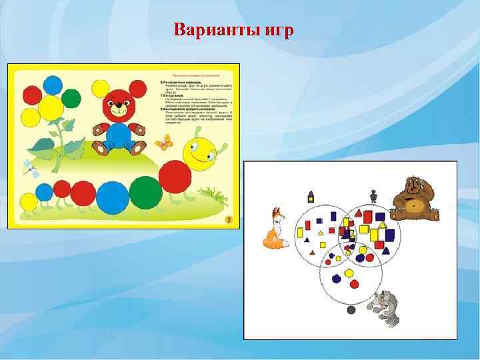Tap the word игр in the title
(275, 31)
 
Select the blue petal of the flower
(53, 85)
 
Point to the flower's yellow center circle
(51, 107)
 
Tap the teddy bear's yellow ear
(100, 87)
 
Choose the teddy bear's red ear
(137, 88)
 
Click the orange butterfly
(163, 142)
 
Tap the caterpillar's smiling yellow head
(198, 154)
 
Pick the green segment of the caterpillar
(145, 193)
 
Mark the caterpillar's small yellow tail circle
(29, 201)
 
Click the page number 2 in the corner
(228, 219)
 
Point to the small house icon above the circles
(310, 195)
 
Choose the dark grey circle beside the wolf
(351, 310)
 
